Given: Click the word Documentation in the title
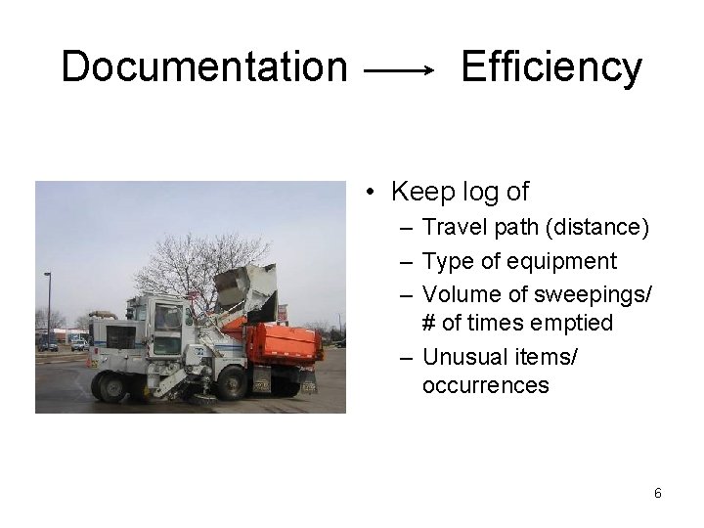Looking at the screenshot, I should point(203,67).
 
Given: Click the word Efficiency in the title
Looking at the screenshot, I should point(550,67).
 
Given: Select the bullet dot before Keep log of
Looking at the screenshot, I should point(372,193).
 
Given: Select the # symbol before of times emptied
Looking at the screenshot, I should point(430,323).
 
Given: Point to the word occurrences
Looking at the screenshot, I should point(485,385).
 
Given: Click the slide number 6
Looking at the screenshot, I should point(657,494).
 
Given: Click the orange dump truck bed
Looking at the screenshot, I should point(285,343).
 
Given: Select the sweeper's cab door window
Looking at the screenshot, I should point(167,319).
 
